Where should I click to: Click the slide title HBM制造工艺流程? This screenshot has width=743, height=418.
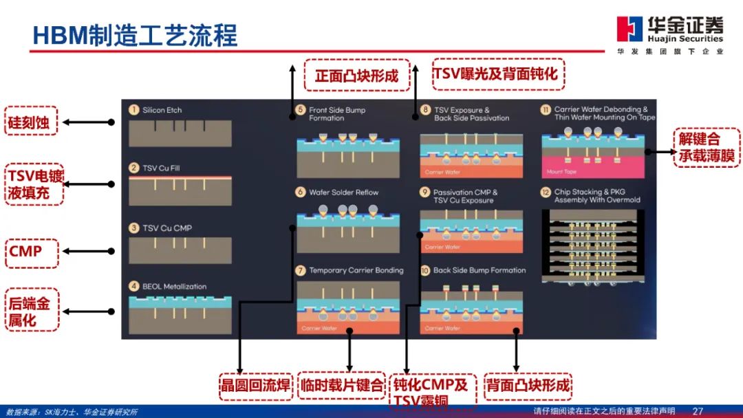click(x=135, y=34)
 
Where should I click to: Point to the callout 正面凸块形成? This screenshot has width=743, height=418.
click(x=356, y=75)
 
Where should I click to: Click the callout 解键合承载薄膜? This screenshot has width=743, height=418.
click(x=707, y=147)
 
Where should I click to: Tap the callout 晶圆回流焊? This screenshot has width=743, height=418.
click(x=255, y=385)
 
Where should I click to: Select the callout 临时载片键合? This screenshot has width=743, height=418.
click(x=342, y=385)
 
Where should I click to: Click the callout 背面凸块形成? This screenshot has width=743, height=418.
click(x=528, y=385)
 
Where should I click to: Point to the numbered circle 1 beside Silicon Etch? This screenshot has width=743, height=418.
click(x=134, y=110)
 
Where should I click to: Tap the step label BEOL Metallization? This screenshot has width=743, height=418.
click(x=174, y=287)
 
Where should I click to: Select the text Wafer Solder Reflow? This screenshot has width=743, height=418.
click(x=343, y=192)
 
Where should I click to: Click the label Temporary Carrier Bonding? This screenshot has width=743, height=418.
click(x=356, y=270)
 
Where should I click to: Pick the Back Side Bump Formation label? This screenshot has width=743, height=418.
click(x=479, y=270)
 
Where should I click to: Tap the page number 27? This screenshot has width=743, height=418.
click(x=698, y=411)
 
